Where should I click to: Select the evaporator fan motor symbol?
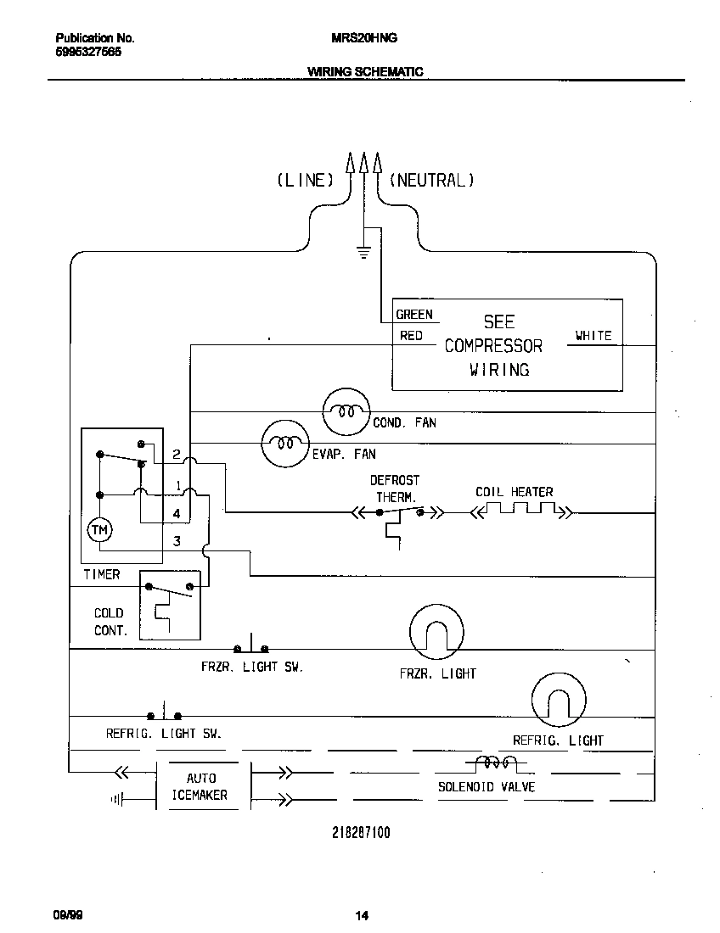coord(283,443)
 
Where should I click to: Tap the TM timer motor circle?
coord(99,530)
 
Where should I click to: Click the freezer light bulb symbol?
coord(436,631)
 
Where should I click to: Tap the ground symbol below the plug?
coord(363,250)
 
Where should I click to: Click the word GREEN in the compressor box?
coord(414,315)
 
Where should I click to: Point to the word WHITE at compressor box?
coord(593,336)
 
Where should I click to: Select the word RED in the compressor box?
coord(411,336)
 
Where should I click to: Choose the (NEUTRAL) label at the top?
coord(431,180)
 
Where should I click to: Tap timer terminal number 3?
coord(177,541)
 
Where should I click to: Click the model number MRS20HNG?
coord(363,38)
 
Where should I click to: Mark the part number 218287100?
coord(361,833)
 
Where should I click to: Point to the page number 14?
coord(362,915)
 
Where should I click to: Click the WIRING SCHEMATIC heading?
coord(364,72)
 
